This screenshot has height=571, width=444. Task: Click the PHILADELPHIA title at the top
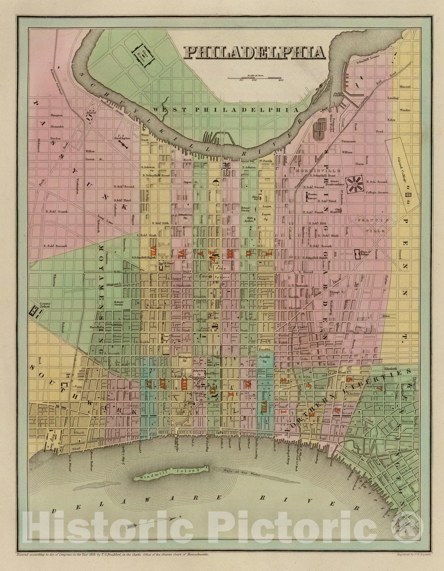254,53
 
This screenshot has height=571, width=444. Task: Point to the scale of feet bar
254,78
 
